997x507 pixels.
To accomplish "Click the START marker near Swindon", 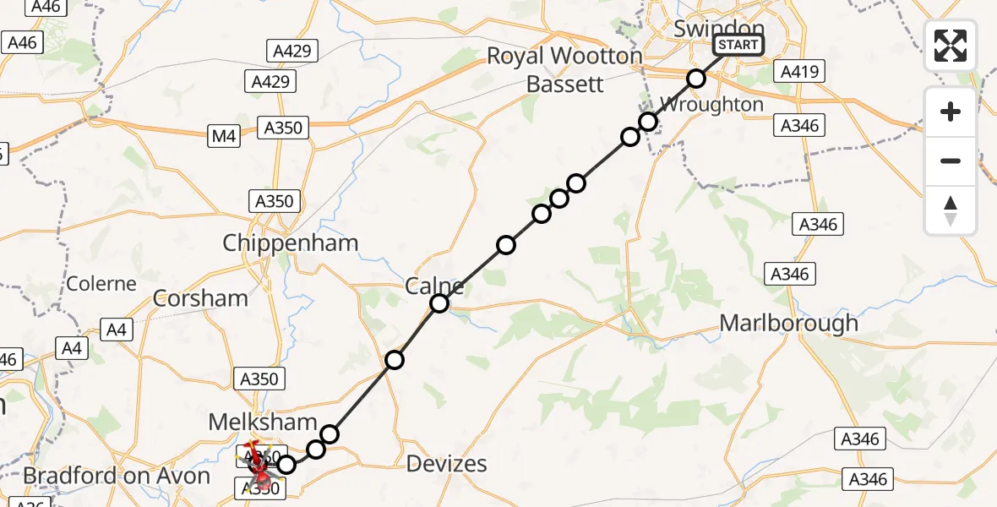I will pyautogui.click(x=738, y=45).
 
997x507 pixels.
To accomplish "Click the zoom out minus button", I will pyautogui.click(x=951, y=161).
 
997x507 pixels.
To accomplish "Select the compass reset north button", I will pyautogui.click(x=951, y=210).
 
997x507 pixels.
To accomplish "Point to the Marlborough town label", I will pyautogui.click(x=788, y=323).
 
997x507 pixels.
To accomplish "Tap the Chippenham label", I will pyautogui.click(x=290, y=243).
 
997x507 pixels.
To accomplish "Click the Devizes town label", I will pyautogui.click(x=447, y=463).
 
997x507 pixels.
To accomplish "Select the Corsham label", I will pyautogui.click(x=200, y=298).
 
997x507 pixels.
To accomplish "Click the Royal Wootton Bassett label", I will pyautogui.click(x=564, y=70).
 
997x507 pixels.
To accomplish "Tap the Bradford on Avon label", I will pyautogui.click(x=117, y=476).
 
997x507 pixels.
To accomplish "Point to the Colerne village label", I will pyautogui.click(x=101, y=284).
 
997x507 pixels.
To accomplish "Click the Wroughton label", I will pyautogui.click(x=711, y=105).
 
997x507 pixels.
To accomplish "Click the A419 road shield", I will pyautogui.click(x=798, y=72).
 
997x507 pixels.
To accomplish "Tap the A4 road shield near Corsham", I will pyautogui.click(x=117, y=330).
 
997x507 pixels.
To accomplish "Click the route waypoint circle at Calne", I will pyautogui.click(x=439, y=303).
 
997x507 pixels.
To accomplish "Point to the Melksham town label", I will pyautogui.click(x=263, y=422).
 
